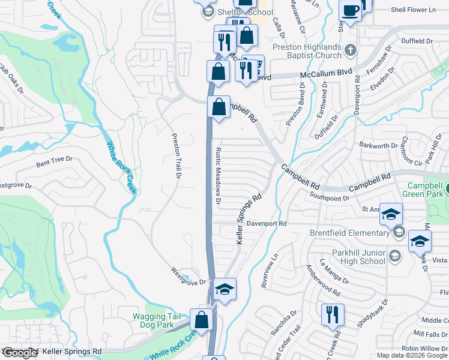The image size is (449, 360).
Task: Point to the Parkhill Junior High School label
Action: point(354,257)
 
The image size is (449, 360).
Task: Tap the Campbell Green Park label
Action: point(424,190)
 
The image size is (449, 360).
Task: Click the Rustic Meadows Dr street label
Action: point(218,174)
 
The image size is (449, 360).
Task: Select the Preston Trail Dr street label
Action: point(176,155)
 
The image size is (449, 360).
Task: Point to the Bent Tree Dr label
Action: point(54,160)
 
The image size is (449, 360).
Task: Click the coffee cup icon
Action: point(350,10)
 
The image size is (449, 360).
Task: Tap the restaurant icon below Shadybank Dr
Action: point(331,314)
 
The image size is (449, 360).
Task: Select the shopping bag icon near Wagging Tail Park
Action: point(202,319)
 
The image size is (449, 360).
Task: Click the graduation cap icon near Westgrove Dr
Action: point(225,290)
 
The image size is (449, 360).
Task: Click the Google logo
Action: point(20,353)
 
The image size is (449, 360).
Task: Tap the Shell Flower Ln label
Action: point(414,10)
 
